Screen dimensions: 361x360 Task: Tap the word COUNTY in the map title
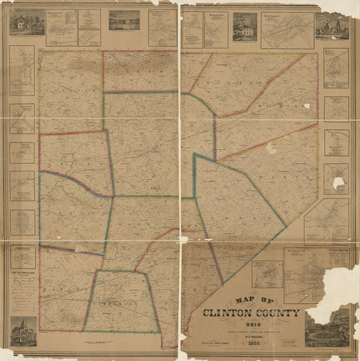[277, 314]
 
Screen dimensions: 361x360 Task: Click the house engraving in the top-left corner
[26, 22]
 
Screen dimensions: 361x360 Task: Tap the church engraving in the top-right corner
[332, 26]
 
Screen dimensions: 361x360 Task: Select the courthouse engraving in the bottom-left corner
[24, 331]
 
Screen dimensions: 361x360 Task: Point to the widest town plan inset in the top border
[287, 30]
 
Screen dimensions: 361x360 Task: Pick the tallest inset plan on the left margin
[22, 70]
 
